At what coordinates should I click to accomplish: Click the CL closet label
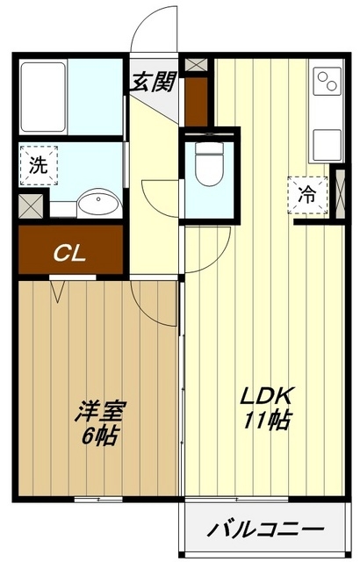pos(69,254)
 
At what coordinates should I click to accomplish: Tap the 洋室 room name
pos(102,411)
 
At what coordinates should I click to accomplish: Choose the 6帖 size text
pos(102,434)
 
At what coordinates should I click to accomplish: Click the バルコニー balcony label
pos(265,530)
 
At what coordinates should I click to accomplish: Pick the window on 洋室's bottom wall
pos(97,499)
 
